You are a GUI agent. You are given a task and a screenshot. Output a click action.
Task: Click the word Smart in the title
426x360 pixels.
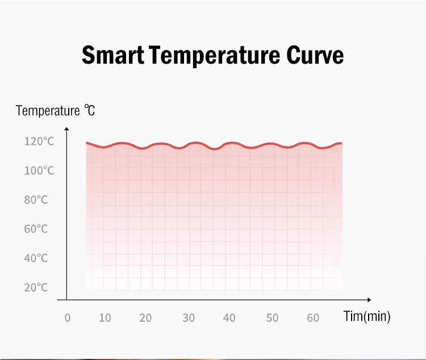(x=112, y=56)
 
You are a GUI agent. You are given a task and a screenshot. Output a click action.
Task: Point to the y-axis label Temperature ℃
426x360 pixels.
(x=56, y=110)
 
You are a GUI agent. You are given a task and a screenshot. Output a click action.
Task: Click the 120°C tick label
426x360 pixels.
(x=39, y=141)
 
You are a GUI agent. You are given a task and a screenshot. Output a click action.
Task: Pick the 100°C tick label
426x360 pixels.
(x=39, y=170)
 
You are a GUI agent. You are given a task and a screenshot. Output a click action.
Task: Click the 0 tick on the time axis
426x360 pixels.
(x=68, y=318)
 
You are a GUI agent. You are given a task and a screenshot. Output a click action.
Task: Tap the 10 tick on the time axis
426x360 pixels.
(x=105, y=318)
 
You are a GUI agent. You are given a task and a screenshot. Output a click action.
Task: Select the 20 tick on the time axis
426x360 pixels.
(x=145, y=318)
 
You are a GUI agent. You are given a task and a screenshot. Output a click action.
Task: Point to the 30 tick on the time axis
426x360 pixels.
(x=189, y=318)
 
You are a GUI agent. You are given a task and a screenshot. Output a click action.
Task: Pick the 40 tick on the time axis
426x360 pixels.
(x=229, y=318)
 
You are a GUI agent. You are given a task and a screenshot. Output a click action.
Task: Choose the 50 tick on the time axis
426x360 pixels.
(x=273, y=318)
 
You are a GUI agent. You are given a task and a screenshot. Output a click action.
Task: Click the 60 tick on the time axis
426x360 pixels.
(x=313, y=318)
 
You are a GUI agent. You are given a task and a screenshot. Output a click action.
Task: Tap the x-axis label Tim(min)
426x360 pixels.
(x=367, y=316)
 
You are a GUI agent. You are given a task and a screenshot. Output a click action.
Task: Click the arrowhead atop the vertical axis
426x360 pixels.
(x=66, y=129)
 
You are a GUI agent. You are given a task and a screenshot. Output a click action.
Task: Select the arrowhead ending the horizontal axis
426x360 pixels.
(x=369, y=299)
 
